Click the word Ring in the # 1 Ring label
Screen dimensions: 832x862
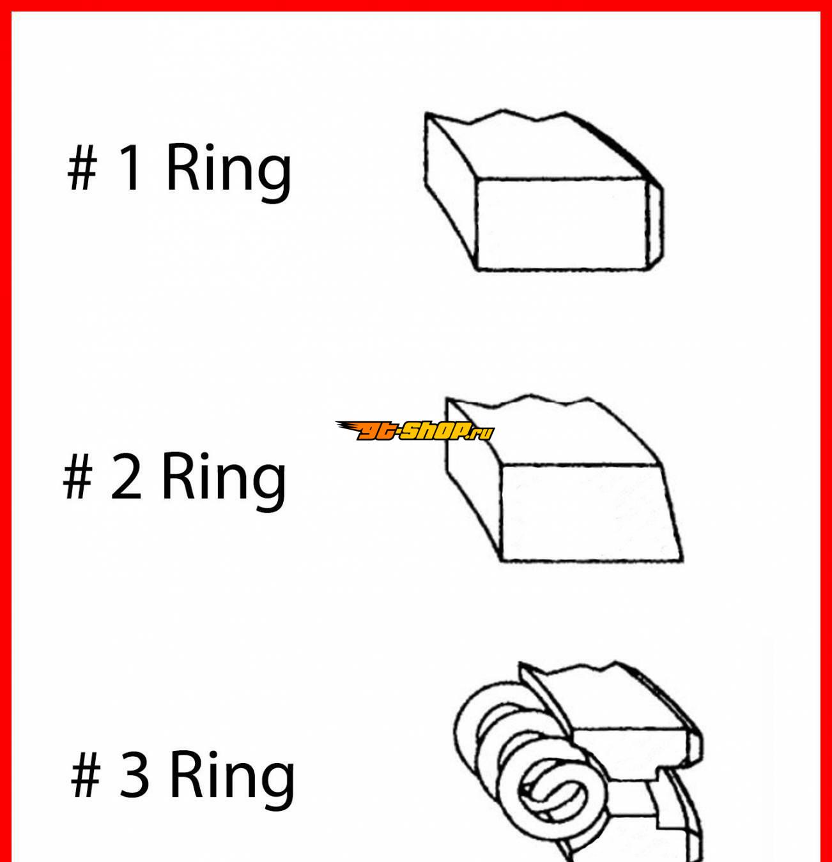229,172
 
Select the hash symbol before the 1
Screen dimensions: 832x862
82,169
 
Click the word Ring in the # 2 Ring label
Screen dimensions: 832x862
224,481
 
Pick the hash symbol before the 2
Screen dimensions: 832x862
78,477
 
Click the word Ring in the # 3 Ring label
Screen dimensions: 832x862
232,780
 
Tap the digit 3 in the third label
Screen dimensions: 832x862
134,775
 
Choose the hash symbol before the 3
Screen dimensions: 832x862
86,776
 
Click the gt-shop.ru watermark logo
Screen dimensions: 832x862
415,430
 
